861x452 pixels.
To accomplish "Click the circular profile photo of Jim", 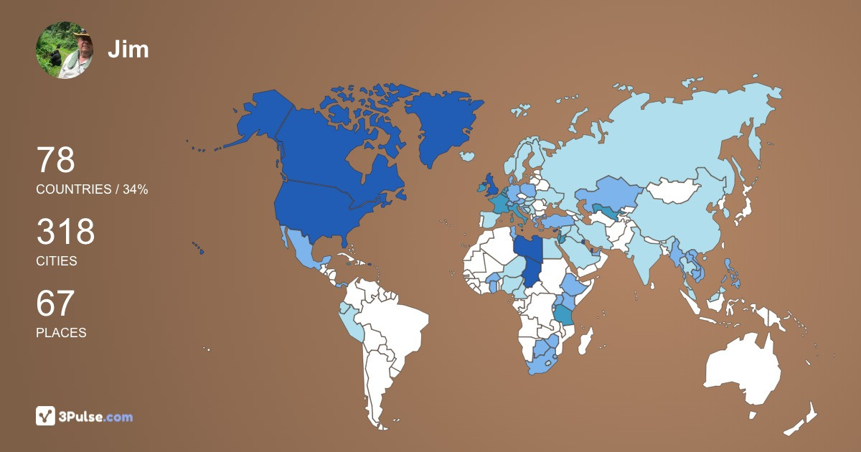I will coord(65,50).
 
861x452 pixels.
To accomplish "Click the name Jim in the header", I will coord(128,49).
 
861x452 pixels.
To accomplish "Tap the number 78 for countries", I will coord(56,160).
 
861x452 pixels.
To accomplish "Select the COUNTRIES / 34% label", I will coord(92,189).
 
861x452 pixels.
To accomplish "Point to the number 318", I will coord(65,232).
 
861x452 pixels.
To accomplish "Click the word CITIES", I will coord(57,261).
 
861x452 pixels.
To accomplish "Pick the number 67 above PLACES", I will coord(55,303).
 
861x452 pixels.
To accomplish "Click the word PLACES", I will coord(61,333).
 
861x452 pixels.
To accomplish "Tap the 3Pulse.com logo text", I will coord(97,416).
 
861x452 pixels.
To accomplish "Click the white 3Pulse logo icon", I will coord(46,415).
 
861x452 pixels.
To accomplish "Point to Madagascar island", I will coord(586,340).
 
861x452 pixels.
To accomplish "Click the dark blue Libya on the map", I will coord(528,253).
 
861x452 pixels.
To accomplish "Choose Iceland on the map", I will coord(467,156).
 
